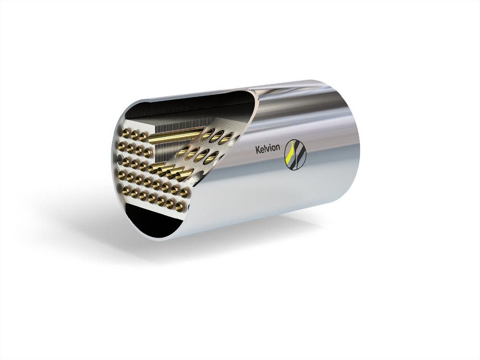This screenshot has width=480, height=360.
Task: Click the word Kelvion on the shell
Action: tap(267, 148)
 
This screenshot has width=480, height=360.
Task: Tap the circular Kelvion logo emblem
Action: tap(295, 154)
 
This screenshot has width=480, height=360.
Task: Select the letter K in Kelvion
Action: tap(257, 148)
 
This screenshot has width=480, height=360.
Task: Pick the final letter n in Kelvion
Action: tap(277, 148)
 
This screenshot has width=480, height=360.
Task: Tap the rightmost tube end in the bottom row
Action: tap(180, 208)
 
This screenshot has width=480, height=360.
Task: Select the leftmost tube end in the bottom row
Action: tap(125, 191)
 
